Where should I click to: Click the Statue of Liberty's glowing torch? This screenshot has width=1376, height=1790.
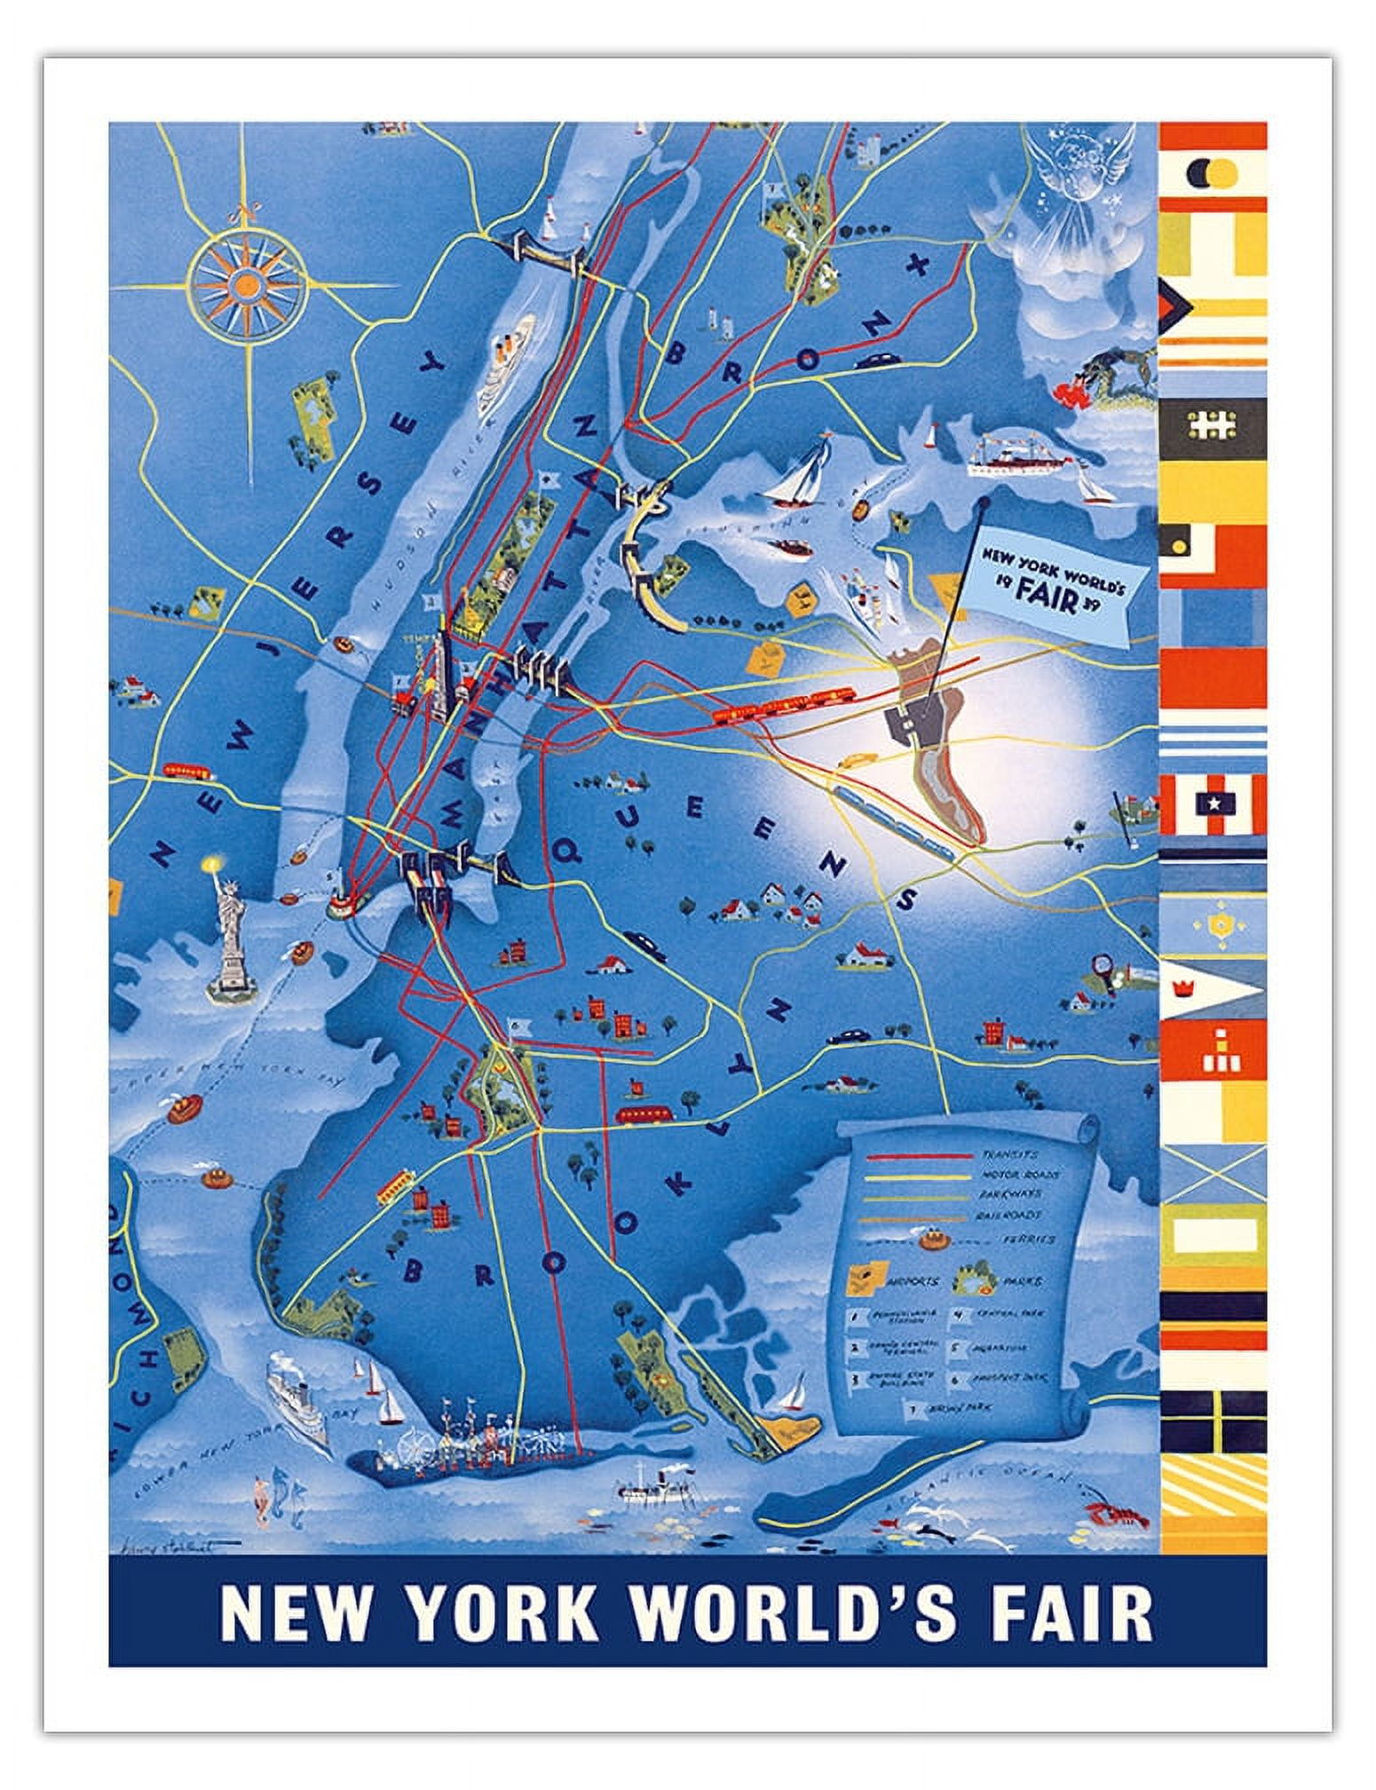[x=211, y=863]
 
